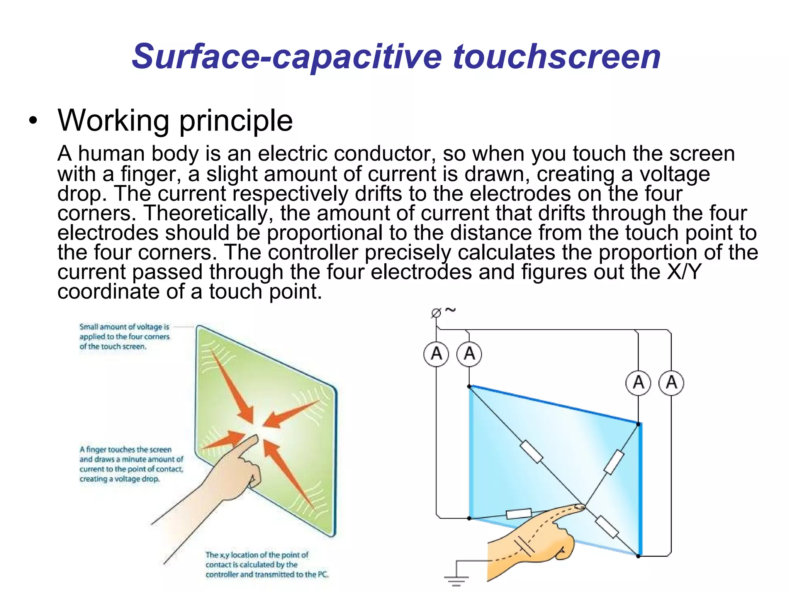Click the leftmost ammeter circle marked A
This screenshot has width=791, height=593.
point(436,354)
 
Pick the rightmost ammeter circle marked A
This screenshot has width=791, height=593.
point(671,383)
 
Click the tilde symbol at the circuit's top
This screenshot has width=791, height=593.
point(450,310)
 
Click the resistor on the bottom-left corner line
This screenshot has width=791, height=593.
point(518,513)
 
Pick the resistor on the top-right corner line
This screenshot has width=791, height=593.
point(614,462)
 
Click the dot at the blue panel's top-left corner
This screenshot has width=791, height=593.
point(469,386)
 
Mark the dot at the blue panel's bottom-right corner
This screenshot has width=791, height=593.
point(638,556)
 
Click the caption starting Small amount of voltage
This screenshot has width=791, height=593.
point(124,337)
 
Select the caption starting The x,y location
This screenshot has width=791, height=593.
point(266,564)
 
